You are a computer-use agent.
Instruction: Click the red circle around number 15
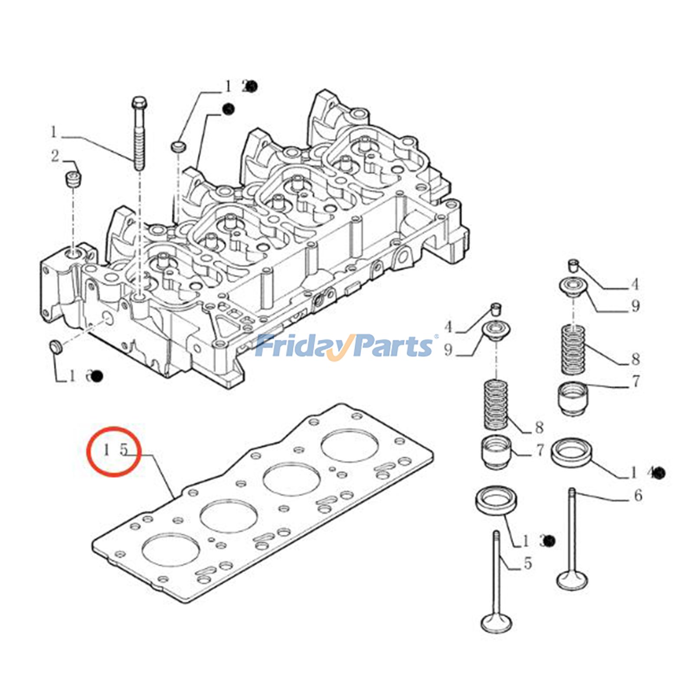tap(114, 451)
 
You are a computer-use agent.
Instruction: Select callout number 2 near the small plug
tap(55, 156)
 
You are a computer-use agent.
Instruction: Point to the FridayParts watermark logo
tap(345, 346)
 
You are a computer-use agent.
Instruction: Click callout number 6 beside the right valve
tap(638, 495)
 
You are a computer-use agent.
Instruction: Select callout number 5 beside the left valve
tap(527, 563)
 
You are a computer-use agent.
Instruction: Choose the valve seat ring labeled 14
tap(571, 452)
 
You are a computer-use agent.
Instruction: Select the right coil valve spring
tap(573, 350)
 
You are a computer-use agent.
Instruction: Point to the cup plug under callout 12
tap(178, 146)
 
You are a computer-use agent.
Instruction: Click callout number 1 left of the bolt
tap(54, 132)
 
